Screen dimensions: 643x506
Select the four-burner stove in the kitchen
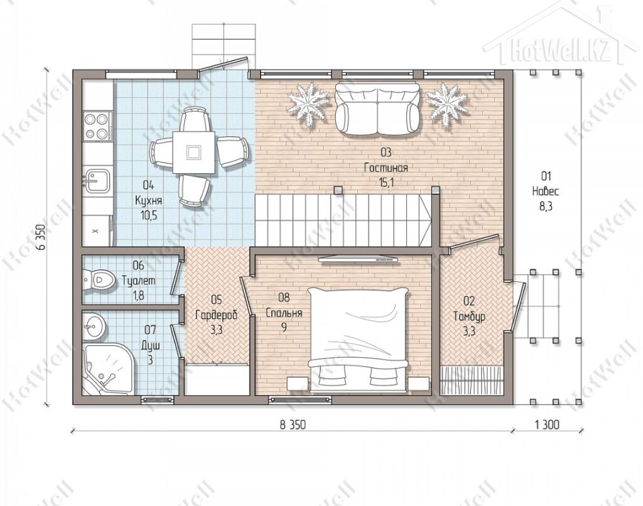(97, 126)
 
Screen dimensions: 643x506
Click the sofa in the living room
(377, 108)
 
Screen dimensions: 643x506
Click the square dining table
(193, 152)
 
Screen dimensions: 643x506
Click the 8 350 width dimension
(293, 425)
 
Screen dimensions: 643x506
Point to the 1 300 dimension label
(547, 425)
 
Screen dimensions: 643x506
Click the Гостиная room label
(386, 168)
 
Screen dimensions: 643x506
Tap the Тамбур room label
(469, 316)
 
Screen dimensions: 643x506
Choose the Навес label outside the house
(546, 191)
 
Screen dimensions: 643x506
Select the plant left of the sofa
(308, 101)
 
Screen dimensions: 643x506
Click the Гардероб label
(216, 315)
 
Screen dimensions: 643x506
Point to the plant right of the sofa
(446, 101)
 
